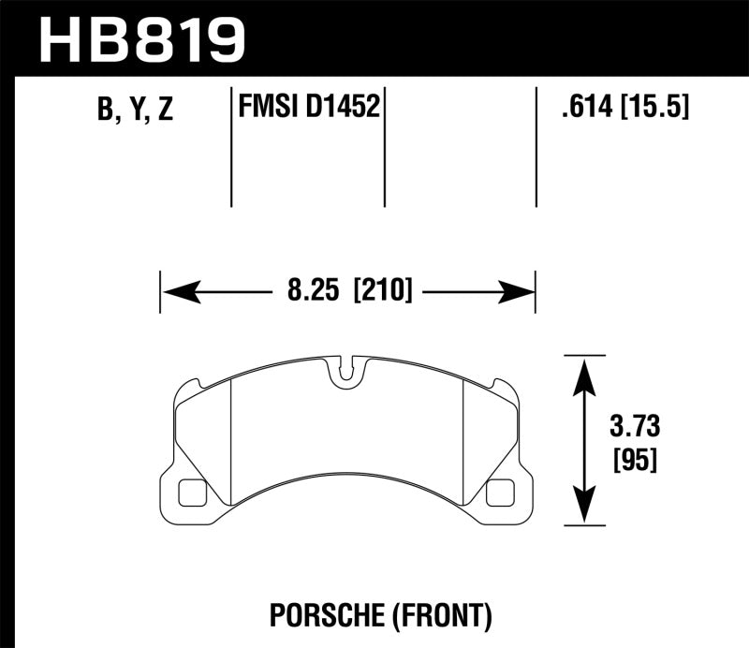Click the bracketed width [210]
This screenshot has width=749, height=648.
coord(381,291)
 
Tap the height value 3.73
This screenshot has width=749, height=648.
coord(635,428)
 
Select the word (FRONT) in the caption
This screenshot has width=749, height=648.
coord(441,615)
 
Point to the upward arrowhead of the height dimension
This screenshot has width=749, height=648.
coord(584,371)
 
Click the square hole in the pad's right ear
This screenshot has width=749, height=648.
coord(500,490)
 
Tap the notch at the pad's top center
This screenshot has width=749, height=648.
coord(346,372)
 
